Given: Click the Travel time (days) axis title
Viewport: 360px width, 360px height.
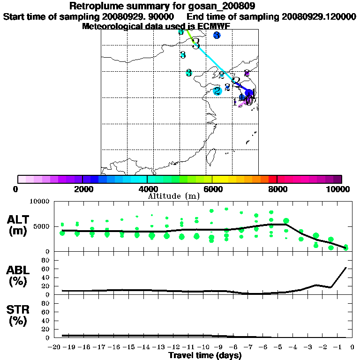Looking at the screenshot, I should click(x=205, y=356).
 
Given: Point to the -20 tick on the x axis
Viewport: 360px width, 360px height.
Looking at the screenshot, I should click(x=55, y=347).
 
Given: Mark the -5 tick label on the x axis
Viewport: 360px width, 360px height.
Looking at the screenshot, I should click(x=278, y=347).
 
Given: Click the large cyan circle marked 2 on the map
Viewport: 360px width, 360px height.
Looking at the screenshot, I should click(x=217, y=91).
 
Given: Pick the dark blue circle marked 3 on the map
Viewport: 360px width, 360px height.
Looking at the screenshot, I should click(x=217, y=35).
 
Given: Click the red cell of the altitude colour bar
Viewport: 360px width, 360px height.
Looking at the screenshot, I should click(x=272, y=179).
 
